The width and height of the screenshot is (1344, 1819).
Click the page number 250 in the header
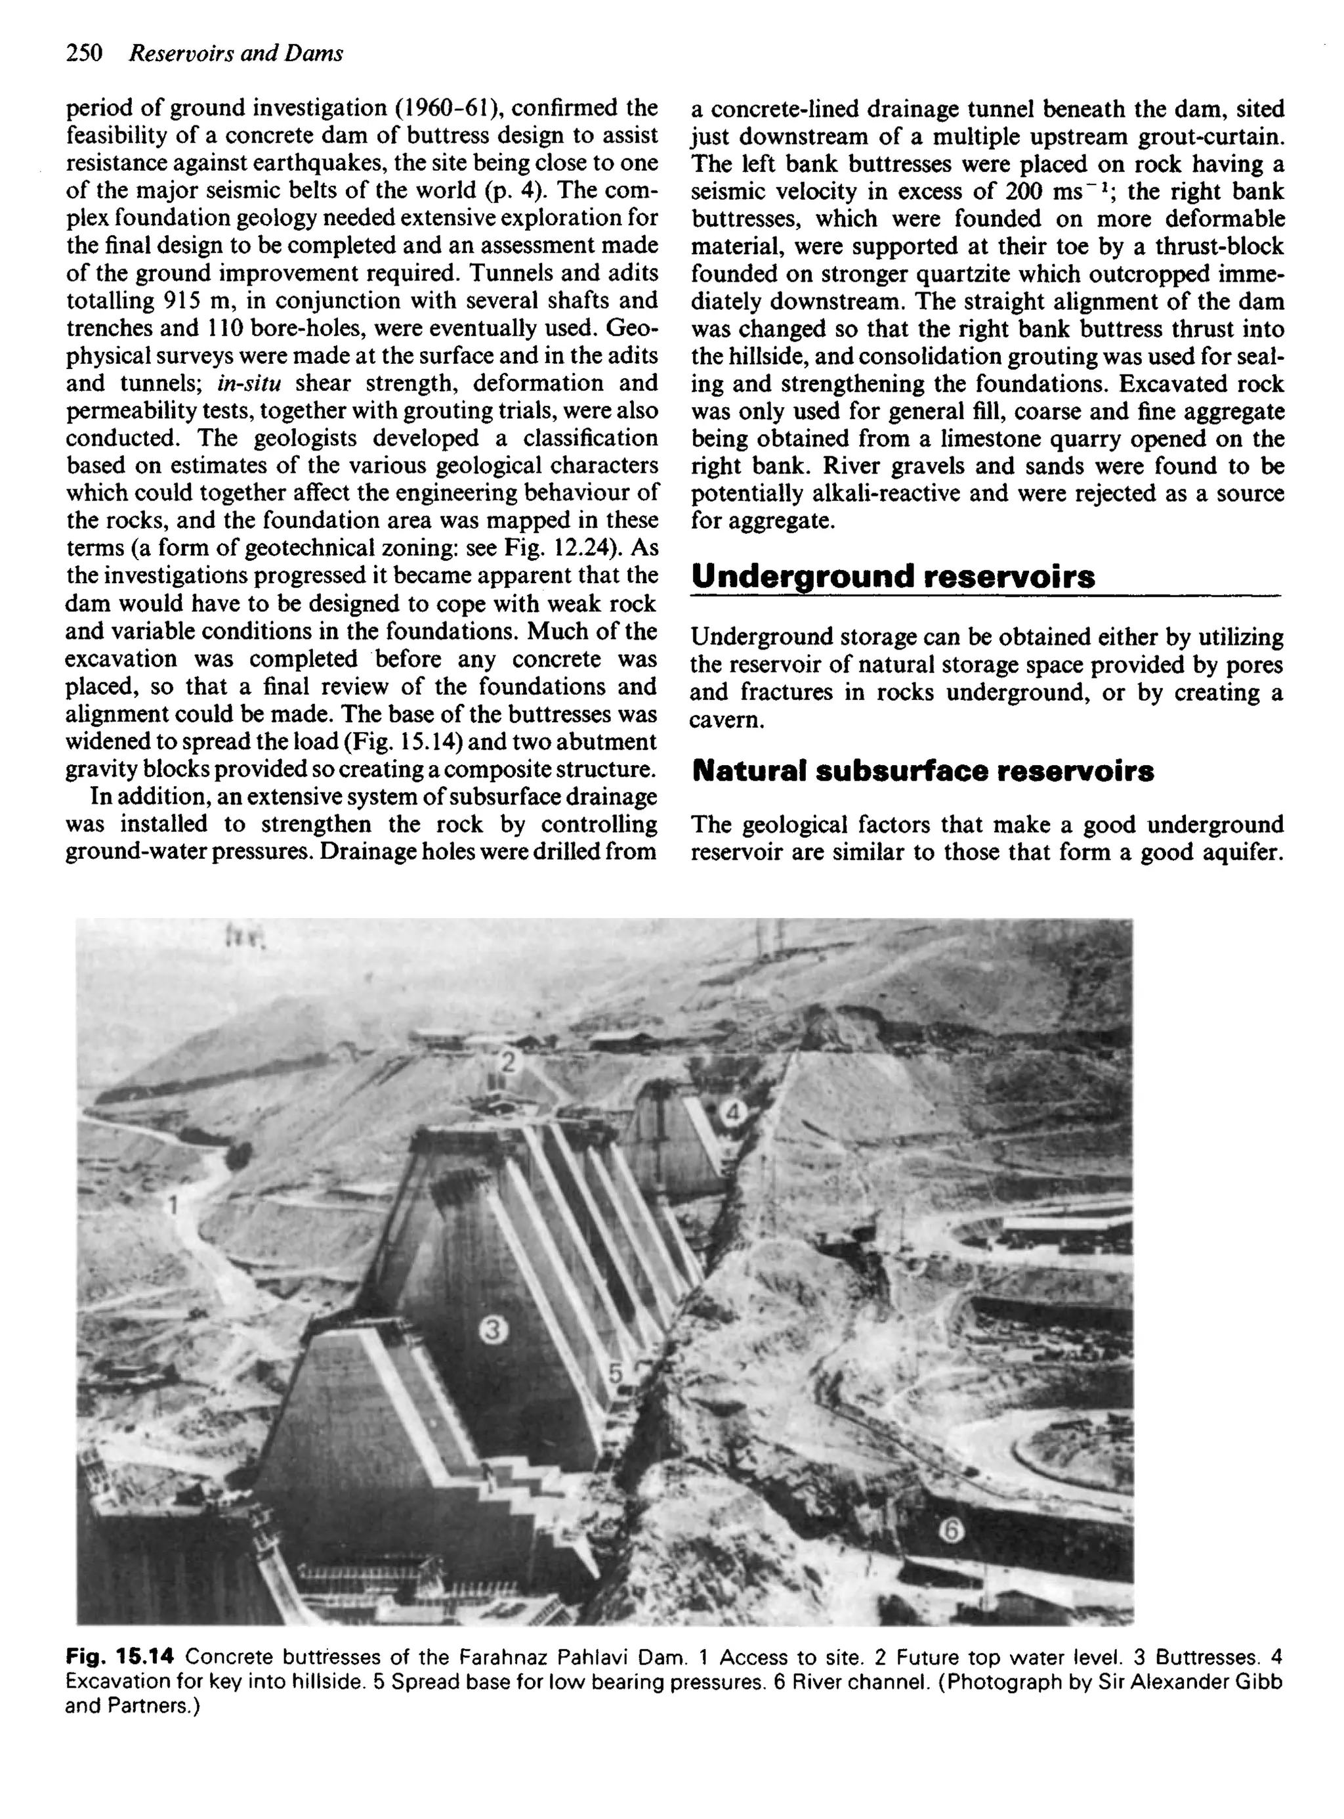pos(84,54)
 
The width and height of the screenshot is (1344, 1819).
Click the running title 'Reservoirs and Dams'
pos(237,54)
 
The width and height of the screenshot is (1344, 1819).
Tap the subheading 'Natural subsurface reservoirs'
pos(923,771)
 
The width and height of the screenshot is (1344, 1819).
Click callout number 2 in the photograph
pos(509,1062)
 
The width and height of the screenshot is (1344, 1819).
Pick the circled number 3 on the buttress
pos(493,1329)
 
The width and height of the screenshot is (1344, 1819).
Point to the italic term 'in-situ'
pos(245,384)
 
